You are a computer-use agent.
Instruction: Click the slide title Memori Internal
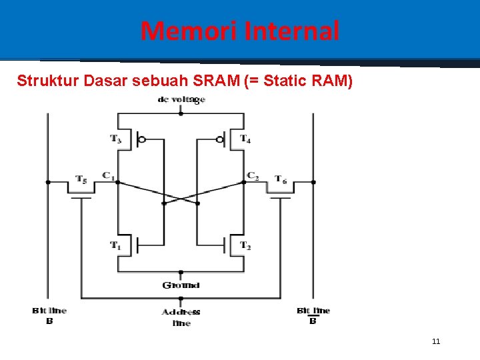tap(240, 31)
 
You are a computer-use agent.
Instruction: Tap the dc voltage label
tap(181, 100)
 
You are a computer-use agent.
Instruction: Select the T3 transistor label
tap(116, 139)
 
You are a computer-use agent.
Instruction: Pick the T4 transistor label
tap(245, 139)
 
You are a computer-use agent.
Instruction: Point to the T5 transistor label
tap(81, 179)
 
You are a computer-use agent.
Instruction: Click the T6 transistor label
tap(281, 179)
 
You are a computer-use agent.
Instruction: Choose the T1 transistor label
tap(116, 245)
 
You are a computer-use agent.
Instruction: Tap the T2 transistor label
tap(245, 245)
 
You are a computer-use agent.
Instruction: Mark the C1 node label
tap(107, 175)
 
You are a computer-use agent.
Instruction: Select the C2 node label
tap(253, 175)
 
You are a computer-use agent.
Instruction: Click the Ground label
tap(181, 285)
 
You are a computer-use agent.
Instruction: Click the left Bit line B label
tap(49, 315)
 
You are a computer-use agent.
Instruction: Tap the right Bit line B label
tap(313, 315)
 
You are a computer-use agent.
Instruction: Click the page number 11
tap(436, 341)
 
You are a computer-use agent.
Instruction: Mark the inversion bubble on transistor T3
tap(141, 139)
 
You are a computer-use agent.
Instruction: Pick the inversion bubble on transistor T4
tap(220, 139)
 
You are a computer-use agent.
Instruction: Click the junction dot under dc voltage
tap(181, 113)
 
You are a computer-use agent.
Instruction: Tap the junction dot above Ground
tap(181, 273)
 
